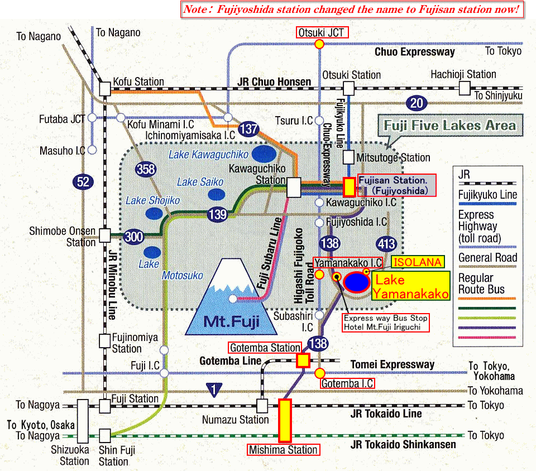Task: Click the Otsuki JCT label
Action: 322,32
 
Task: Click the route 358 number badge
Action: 146,170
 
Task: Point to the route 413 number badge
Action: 386,244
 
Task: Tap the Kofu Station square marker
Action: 105,88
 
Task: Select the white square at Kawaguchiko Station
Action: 293,187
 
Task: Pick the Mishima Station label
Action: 284,450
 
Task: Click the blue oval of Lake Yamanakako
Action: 356,282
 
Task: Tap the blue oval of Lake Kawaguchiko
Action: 263,153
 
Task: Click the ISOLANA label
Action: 418,262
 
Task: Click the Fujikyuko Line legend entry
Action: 487,195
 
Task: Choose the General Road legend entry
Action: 487,258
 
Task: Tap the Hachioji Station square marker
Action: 465,88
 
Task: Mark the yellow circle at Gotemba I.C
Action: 320,372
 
